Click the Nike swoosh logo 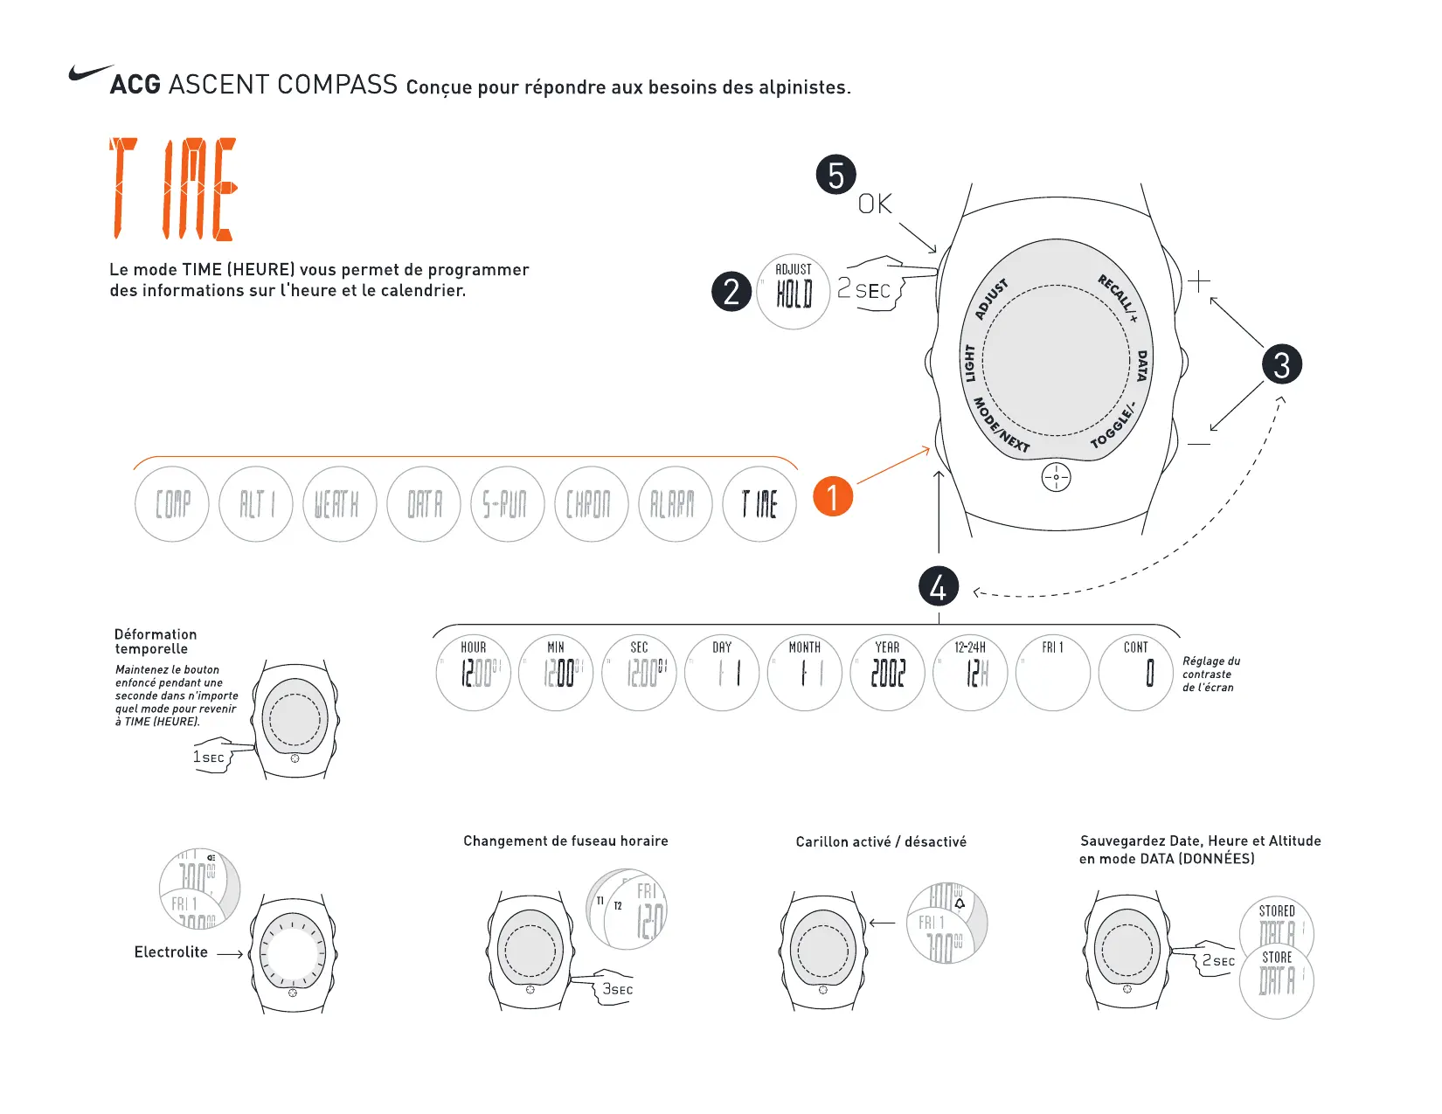pos(90,73)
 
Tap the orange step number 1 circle pos(833,496)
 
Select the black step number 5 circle pos(835,175)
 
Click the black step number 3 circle pos(1281,364)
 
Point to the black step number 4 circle pos(938,587)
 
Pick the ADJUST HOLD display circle pos(793,292)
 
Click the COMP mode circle pos(172,504)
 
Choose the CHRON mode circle pos(591,504)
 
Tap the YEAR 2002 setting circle pos(887,672)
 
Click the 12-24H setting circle pos(970,672)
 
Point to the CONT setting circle pos(1135,672)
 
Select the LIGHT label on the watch pos(969,363)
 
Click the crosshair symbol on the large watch pos(1056,477)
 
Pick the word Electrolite pos(171,952)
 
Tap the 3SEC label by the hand pos(617,989)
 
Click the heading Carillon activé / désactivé pos(881,841)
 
